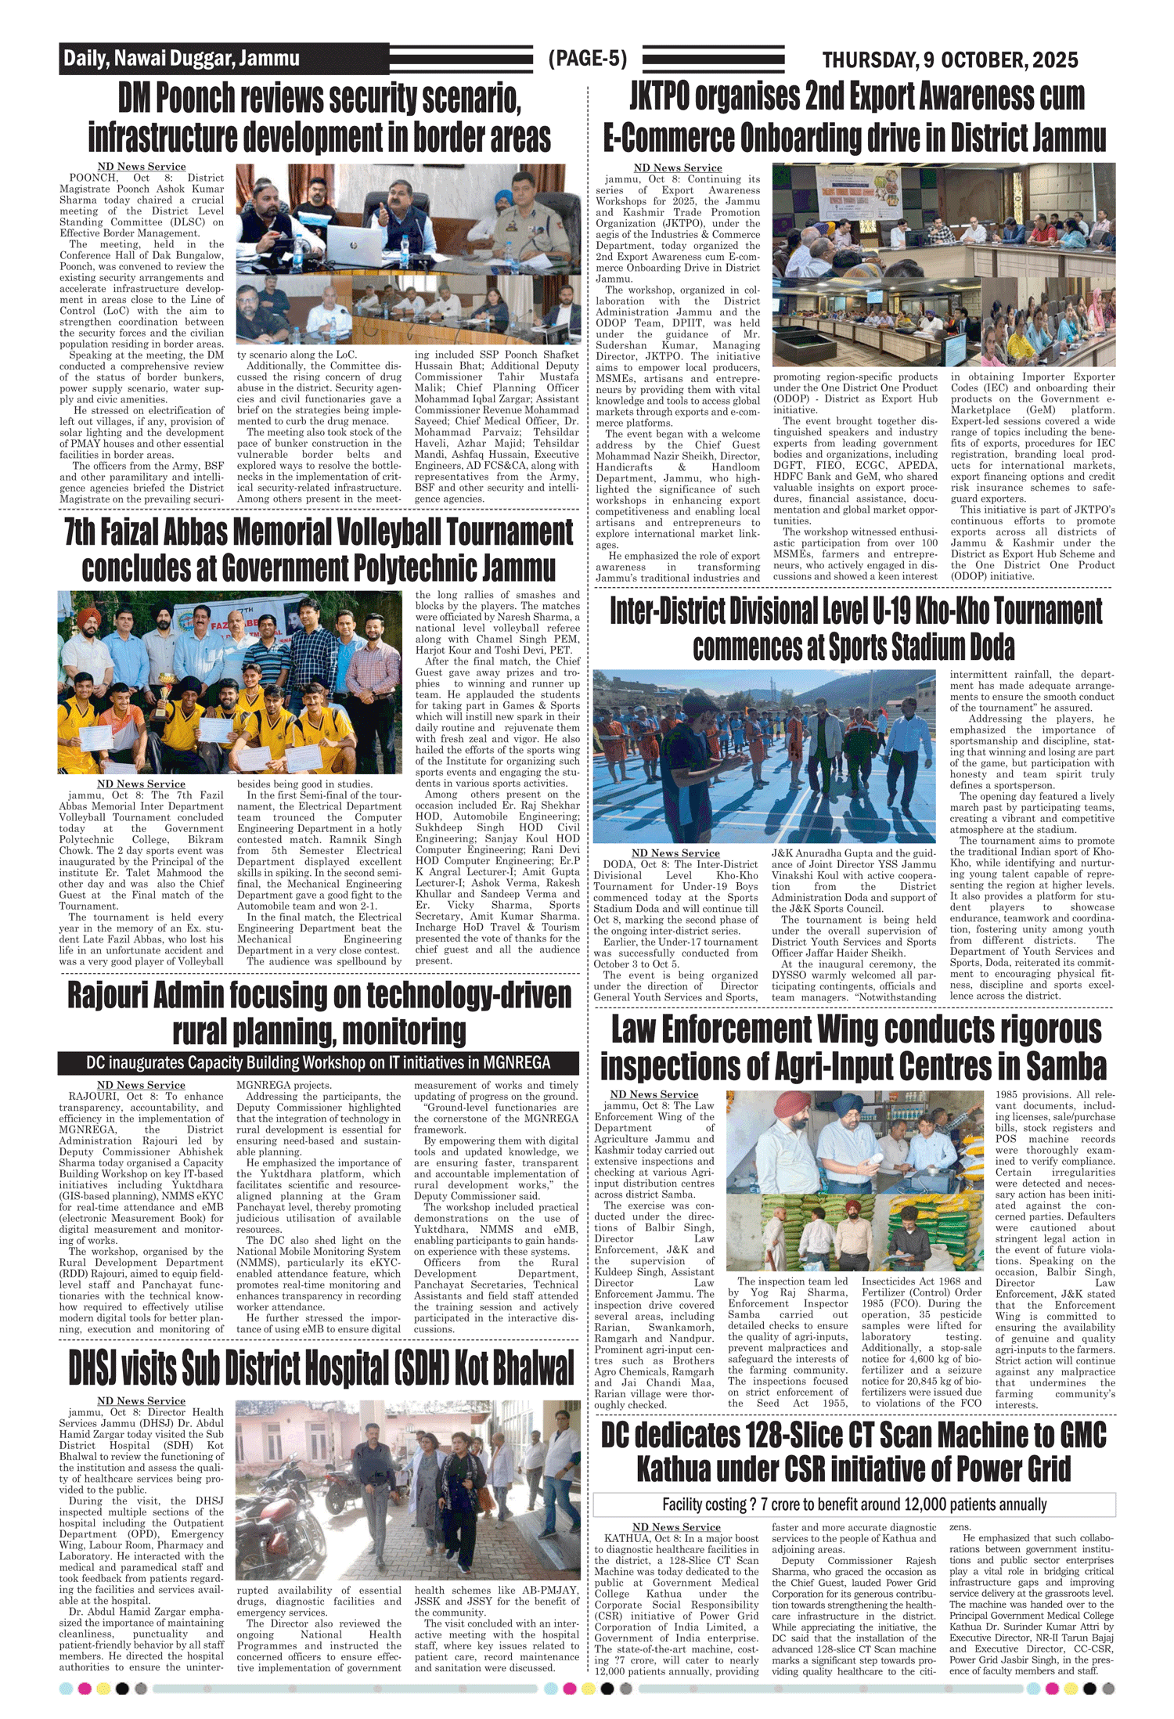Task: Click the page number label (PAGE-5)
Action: (x=588, y=59)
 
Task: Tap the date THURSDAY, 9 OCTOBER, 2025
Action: (x=949, y=60)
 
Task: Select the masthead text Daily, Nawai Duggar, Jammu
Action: (x=182, y=59)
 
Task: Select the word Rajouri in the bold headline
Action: (x=116, y=996)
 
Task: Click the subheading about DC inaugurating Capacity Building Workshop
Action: (x=318, y=1063)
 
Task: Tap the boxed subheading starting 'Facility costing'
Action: (x=854, y=1504)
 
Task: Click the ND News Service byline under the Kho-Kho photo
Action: (x=675, y=853)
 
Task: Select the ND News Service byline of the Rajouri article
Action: (x=141, y=1085)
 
